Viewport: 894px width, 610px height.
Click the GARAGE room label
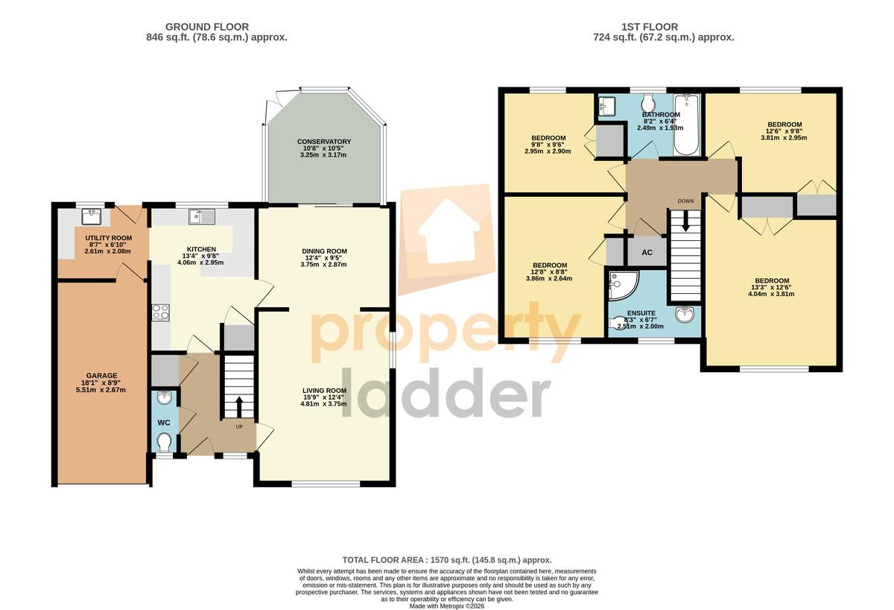coord(102,376)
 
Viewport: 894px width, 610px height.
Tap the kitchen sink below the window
coord(202,216)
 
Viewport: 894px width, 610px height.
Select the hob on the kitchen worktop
coord(161,312)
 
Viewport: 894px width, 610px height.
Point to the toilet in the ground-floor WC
coord(164,442)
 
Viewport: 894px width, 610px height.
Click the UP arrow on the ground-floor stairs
coord(239,406)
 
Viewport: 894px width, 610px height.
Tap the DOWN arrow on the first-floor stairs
coord(685,221)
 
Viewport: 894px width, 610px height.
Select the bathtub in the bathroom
coord(686,125)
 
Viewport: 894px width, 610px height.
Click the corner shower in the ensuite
coord(624,285)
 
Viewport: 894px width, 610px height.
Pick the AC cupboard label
coord(647,253)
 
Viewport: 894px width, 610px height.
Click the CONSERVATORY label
coord(324,142)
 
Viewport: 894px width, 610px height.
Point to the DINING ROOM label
coord(325,251)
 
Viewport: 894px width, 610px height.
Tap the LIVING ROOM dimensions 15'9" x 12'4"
coord(323,397)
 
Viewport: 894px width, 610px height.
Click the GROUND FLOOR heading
coord(207,27)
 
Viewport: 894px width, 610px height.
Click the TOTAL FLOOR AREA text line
coord(447,560)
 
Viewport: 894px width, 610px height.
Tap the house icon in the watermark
coord(448,232)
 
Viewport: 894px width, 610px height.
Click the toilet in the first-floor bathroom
coord(648,104)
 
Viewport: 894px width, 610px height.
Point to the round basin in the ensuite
coord(685,314)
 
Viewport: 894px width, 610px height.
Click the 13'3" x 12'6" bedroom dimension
coord(771,287)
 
